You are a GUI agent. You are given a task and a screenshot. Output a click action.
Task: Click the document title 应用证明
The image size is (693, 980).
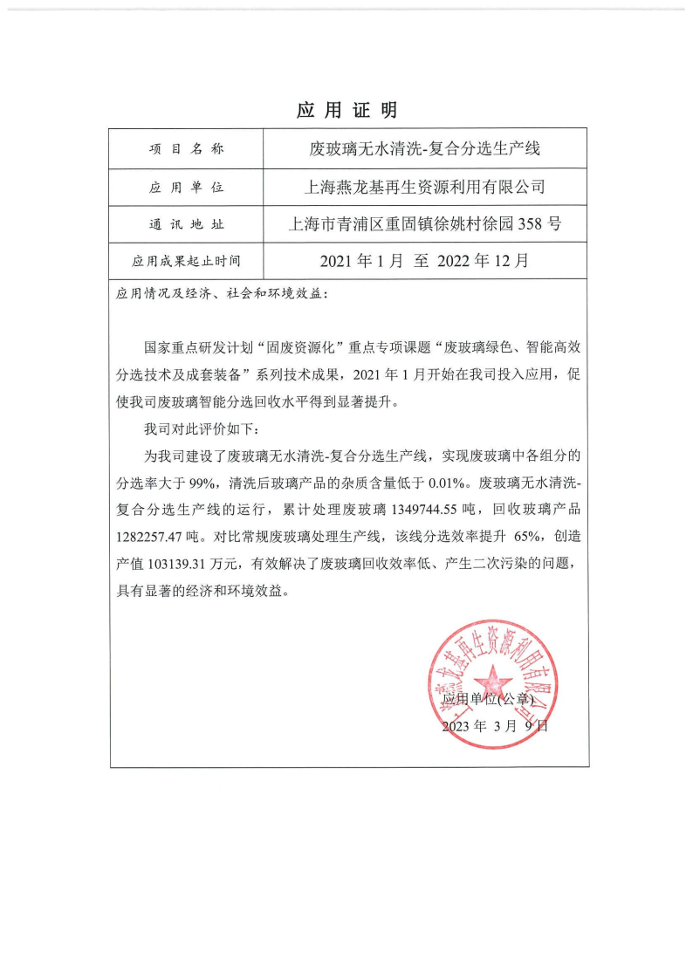(x=346, y=110)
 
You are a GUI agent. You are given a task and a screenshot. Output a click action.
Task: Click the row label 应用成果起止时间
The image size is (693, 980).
(x=186, y=260)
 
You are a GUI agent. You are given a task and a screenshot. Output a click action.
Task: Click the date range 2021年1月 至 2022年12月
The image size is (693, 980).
(x=424, y=260)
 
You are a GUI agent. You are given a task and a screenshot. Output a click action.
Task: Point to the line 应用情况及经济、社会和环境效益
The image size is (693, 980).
(x=223, y=294)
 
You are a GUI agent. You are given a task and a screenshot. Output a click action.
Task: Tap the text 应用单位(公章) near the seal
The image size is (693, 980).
(x=487, y=699)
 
